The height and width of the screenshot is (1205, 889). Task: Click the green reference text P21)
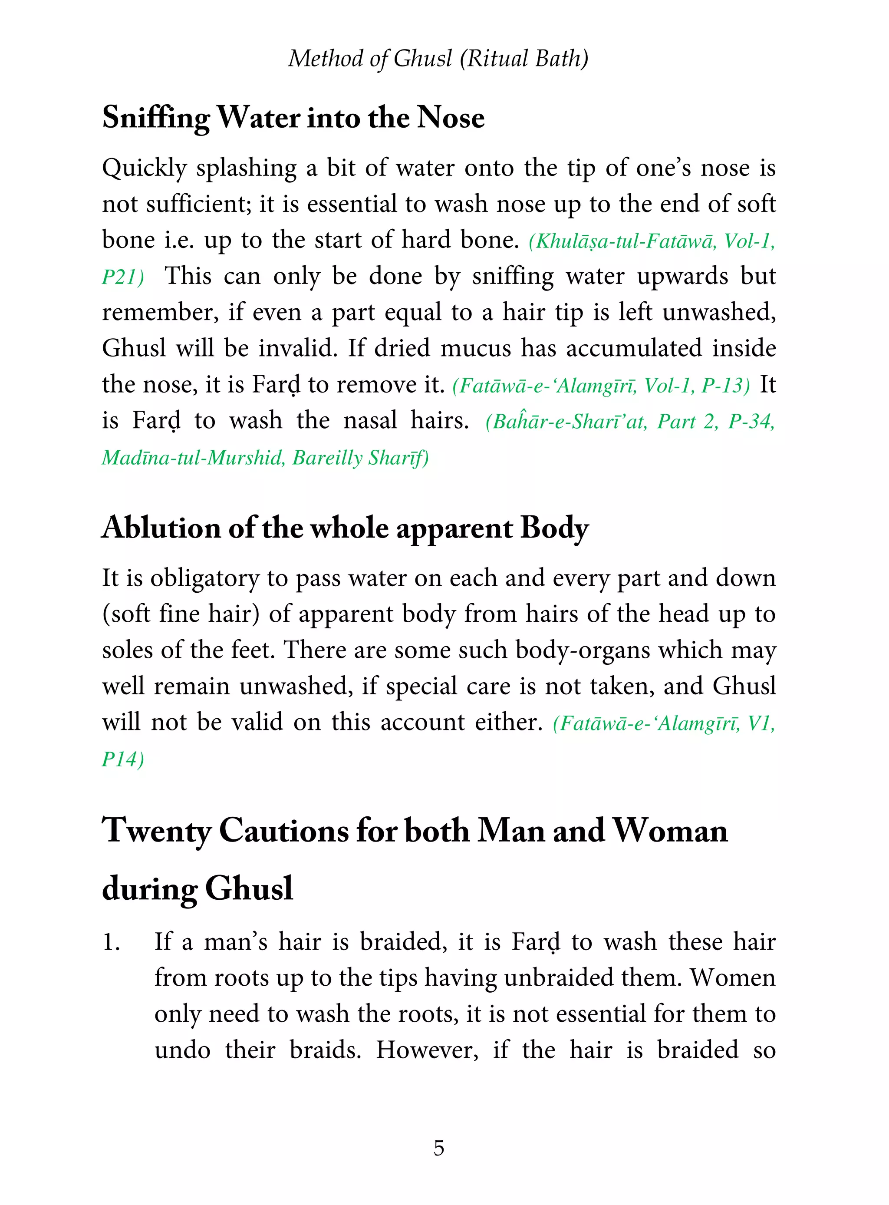pos(123,277)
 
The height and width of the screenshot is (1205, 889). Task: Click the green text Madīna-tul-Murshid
pos(193,458)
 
